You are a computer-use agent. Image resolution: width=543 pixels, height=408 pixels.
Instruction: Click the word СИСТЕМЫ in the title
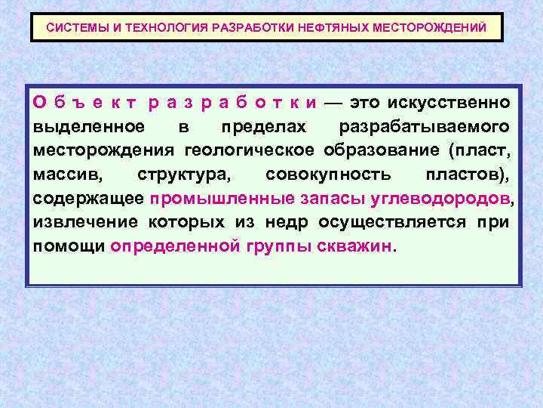pyautogui.click(x=74, y=27)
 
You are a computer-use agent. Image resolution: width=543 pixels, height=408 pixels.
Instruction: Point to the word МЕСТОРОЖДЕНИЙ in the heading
pyautogui.click(x=429, y=27)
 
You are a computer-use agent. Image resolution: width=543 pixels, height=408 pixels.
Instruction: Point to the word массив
pyautogui.click(x=67, y=175)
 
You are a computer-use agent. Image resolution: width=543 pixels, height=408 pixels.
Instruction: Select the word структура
pyautogui.click(x=186, y=175)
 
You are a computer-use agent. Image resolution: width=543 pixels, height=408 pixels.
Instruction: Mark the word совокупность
pyautogui.click(x=330, y=175)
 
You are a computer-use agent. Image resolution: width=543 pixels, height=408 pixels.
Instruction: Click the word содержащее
pyautogui.click(x=88, y=199)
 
